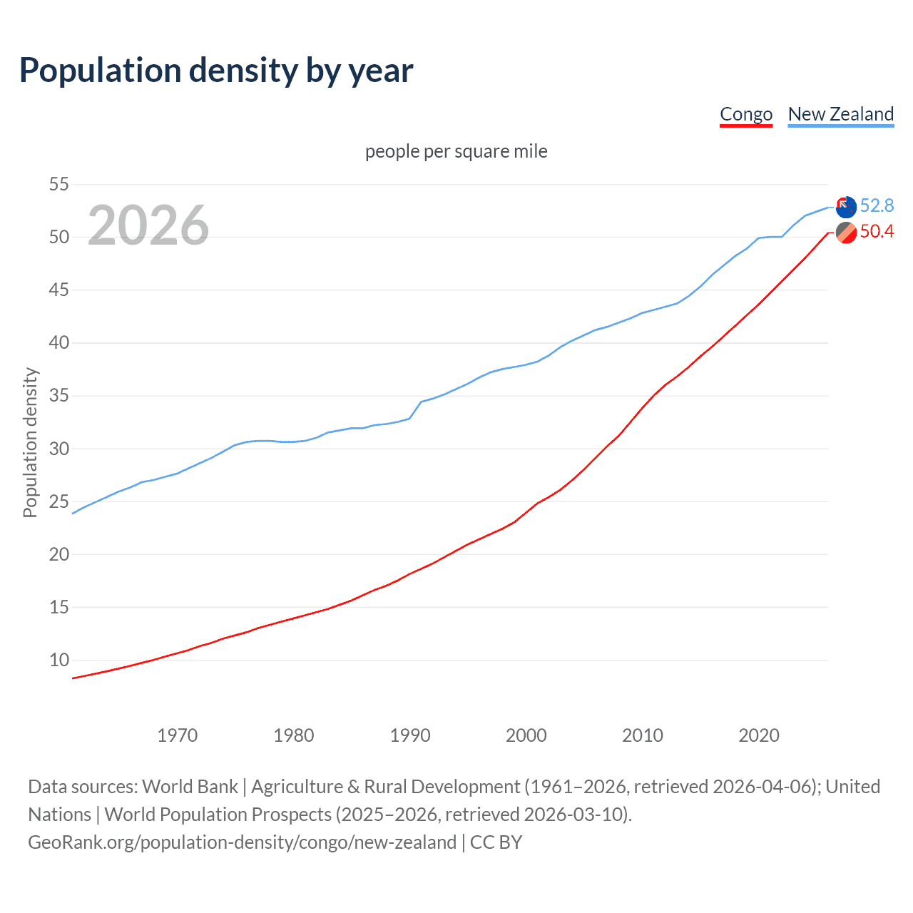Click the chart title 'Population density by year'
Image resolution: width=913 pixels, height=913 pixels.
pos(216,71)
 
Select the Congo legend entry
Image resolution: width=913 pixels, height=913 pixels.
pos(746,114)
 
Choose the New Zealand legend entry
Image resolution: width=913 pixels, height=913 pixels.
pos(840,114)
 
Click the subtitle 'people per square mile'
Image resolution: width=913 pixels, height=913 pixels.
pos(456,151)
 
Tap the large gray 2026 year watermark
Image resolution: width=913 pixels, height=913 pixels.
pos(148,225)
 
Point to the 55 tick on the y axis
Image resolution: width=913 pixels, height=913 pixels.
pos(59,185)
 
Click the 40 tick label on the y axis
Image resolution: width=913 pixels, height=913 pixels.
pos(59,343)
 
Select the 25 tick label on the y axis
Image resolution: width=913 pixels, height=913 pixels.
pos(59,501)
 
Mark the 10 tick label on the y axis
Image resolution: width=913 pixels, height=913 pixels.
pos(59,660)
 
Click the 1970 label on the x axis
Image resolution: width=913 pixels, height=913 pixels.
pos(178,735)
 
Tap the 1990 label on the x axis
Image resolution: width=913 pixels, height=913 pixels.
pos(410,735)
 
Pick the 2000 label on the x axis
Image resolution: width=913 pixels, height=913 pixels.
pos(526,735)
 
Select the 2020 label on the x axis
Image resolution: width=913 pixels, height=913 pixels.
pos(759,735)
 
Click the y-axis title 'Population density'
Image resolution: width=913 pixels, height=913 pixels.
pos(30,442)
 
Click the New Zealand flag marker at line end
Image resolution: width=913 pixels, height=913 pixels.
pos(846,207)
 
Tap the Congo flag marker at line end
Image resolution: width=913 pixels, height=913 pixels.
pos(846,233)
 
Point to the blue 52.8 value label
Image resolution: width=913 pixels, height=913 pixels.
pos(877,206)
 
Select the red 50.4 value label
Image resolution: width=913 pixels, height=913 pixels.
pos(877,232)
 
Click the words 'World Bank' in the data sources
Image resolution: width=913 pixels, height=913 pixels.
pos(190,787)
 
